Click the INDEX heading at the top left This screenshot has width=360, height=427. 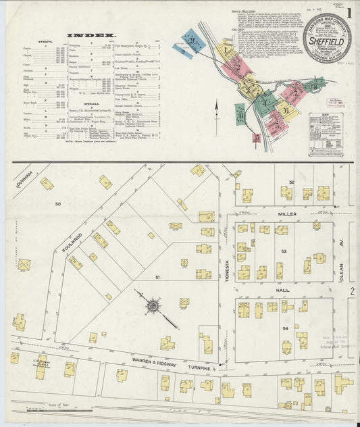point(91,34)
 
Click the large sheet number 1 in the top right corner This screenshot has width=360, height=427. point(349,12)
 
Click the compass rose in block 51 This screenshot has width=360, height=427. point(153,306)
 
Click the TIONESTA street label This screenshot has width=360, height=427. point(227,256)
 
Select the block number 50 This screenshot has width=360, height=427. point(57,203)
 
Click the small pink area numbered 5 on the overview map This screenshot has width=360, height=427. point(257,138)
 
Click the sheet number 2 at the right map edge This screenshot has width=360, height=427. point(353,291)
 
